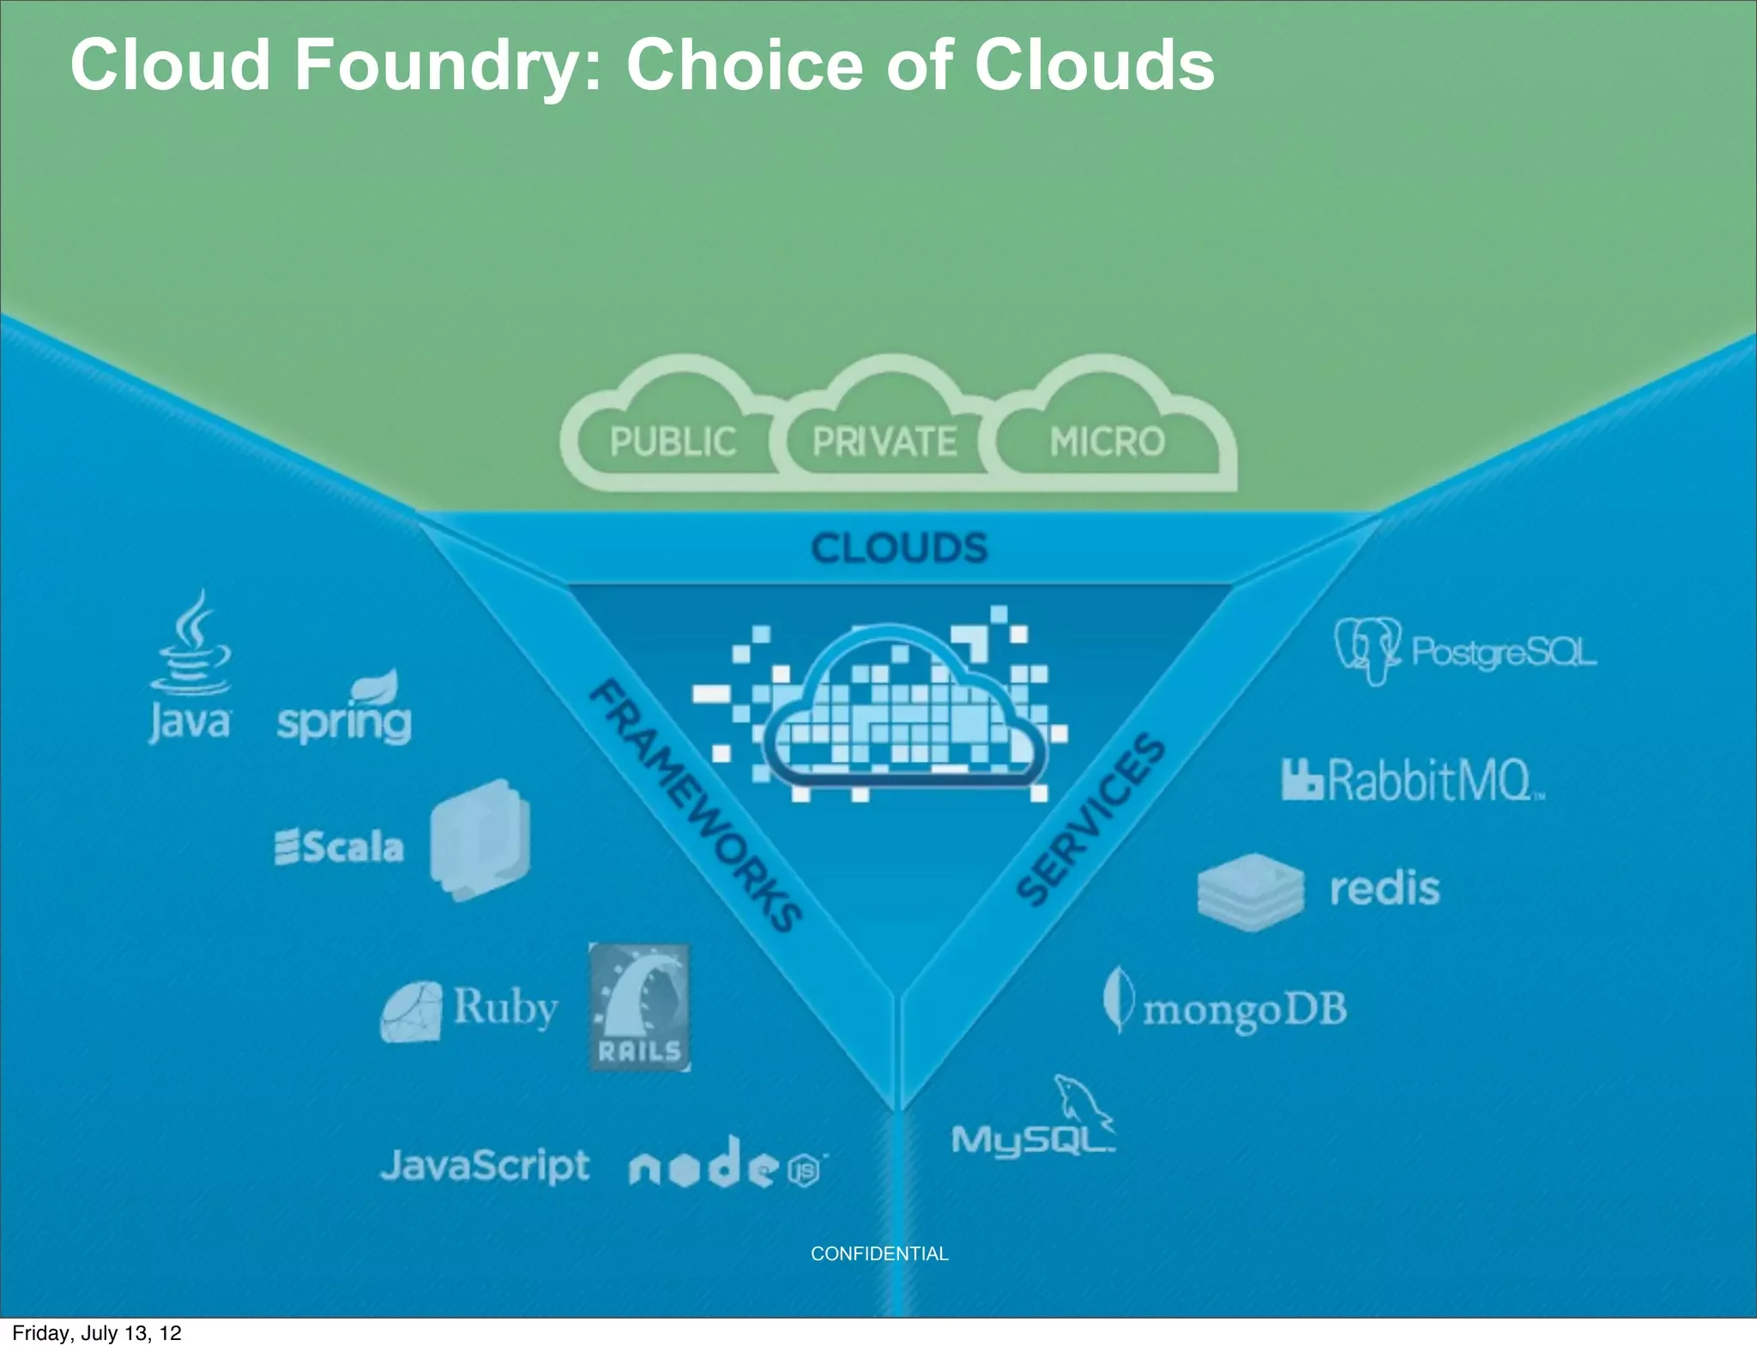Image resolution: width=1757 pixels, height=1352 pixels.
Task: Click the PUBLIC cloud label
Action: click(x=673, y=442)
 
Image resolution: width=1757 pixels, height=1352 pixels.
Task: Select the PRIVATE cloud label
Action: click(x=885, y=442)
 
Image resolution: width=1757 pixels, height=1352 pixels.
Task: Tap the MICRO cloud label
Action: click(x=1107, y=442)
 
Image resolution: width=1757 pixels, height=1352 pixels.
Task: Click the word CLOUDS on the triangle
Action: click(x=899, y=548)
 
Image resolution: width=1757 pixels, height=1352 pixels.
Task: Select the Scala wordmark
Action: click(x=340, y=847)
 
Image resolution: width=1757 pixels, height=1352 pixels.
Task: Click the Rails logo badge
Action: click(x=640, y=1007)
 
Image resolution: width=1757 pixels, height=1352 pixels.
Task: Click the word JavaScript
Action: click(x=485, y=1166)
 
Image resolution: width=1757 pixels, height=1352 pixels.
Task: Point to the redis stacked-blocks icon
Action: click(x=1250, y=892)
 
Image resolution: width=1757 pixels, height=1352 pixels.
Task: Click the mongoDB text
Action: click(x=1244, y=1010)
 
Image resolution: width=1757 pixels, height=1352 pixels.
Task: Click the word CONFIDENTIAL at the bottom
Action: click(x=879, y=1253)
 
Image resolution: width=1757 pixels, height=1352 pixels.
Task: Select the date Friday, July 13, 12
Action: click(x=97, y=1333)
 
